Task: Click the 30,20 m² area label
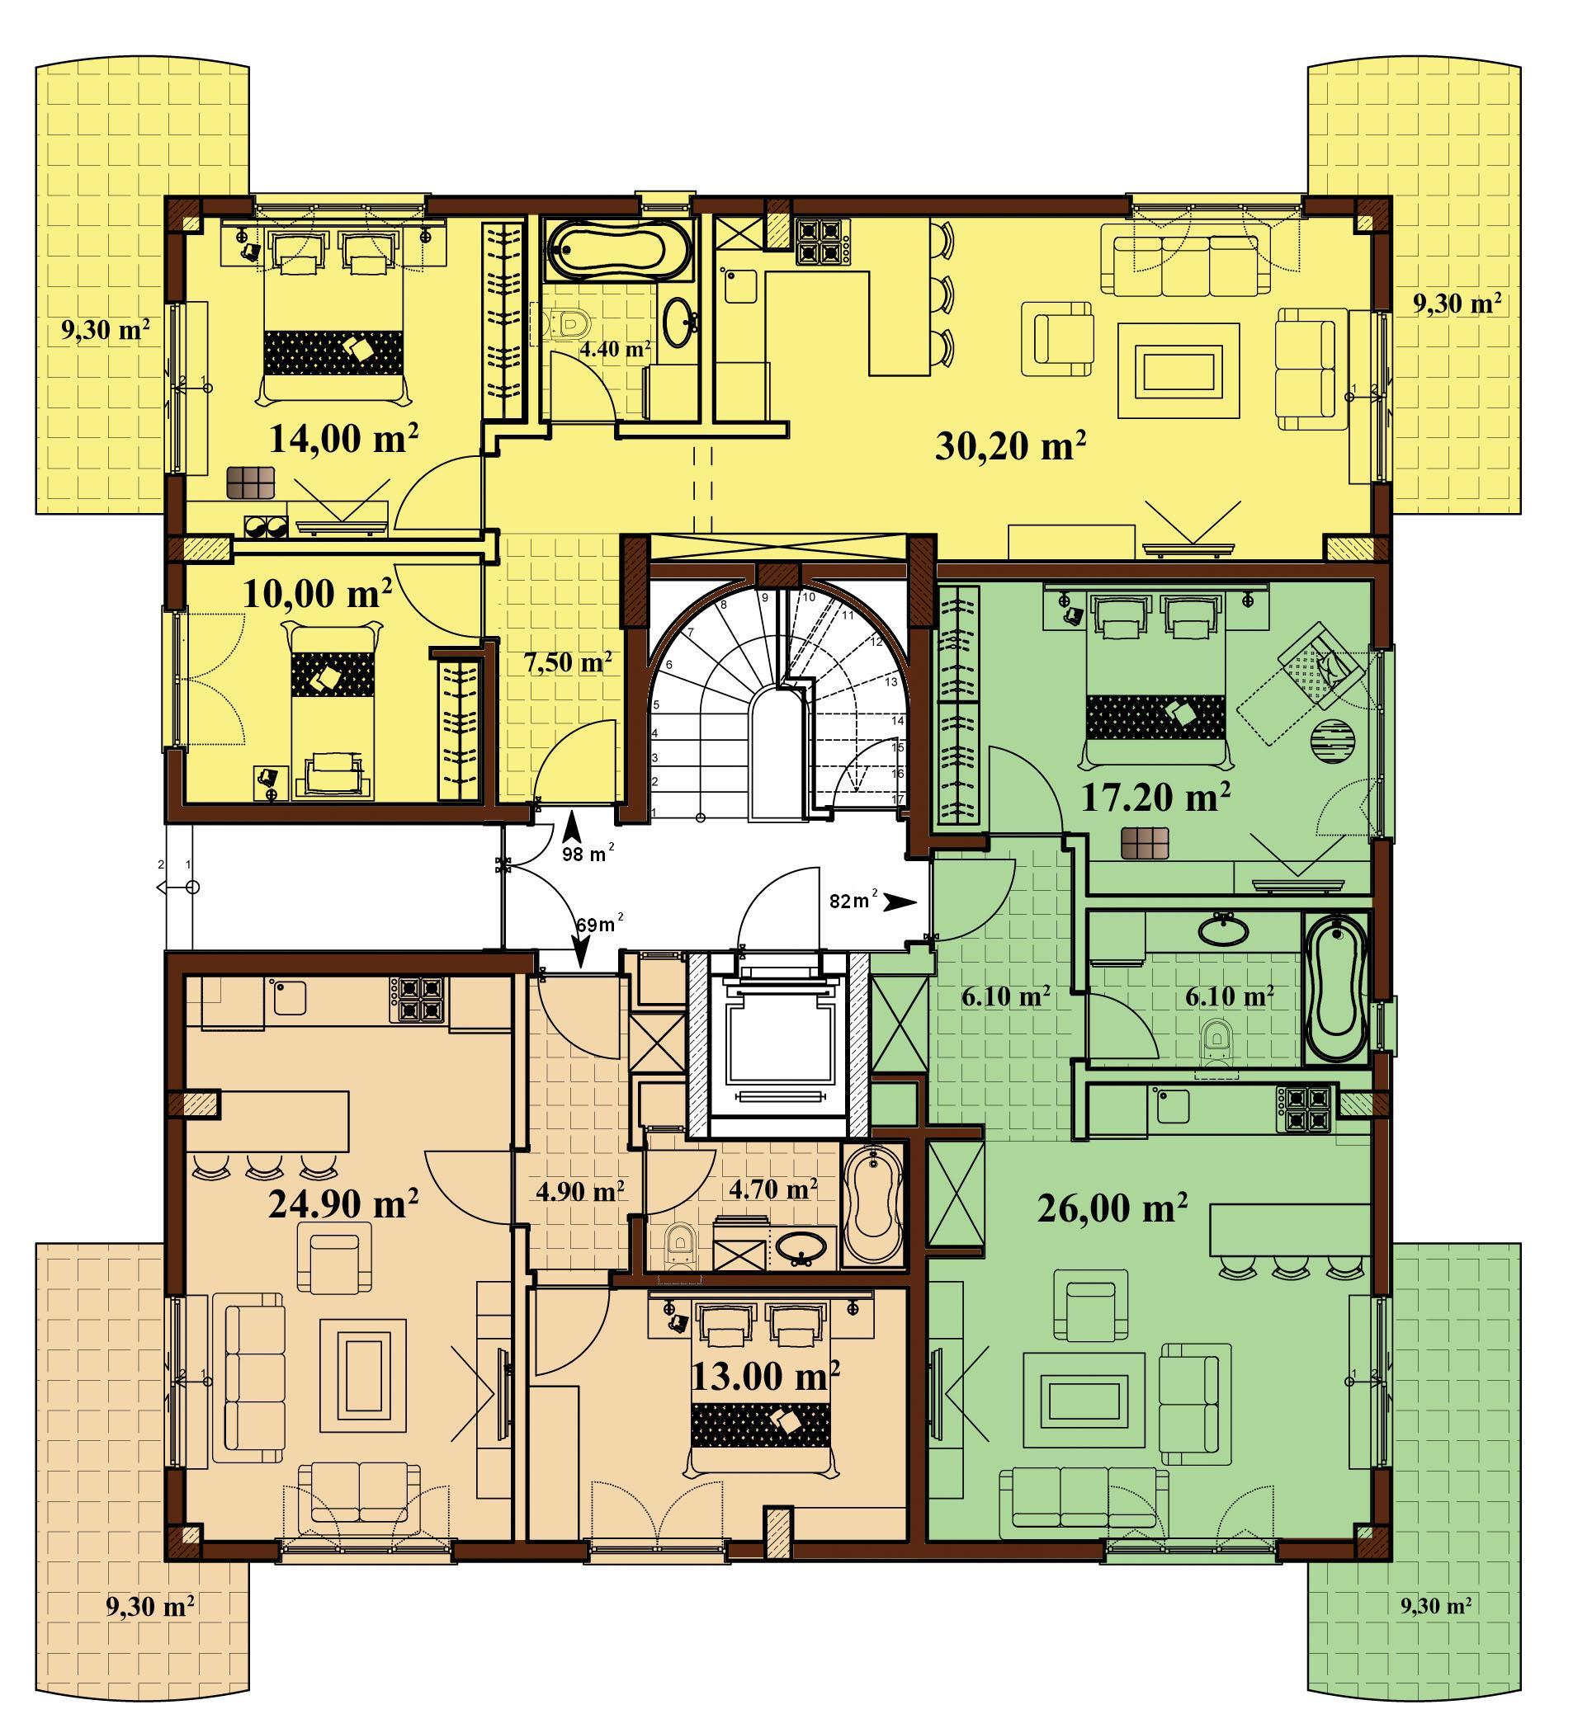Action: (x=1009, y=446)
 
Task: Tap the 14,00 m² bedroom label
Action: (x=344, y=440)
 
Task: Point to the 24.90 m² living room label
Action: (x=343, y=1203)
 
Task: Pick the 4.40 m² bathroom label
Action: (x=615, y=349)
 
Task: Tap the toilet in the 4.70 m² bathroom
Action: (x=679, y=1245)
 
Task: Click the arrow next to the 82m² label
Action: (x=902, y=902)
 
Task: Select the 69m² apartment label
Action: (x=599, y=925)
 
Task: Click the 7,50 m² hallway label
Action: (x=568, y=663)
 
